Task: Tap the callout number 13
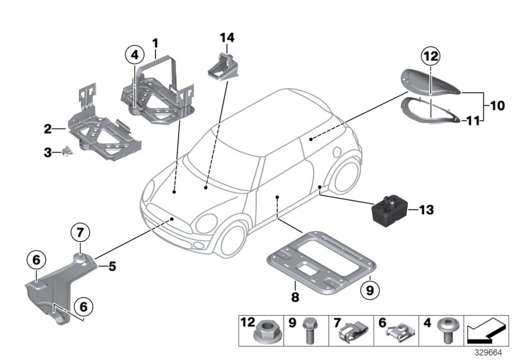point(427,210)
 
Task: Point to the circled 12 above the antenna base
point(430,57)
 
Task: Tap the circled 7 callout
point(81,231)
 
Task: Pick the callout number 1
point(155,42)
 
